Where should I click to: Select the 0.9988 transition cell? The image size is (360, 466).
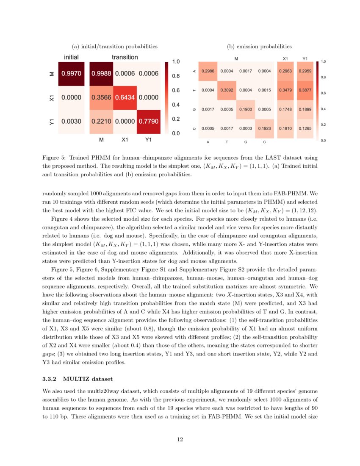point(101,74)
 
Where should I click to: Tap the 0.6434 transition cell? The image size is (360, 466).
point(125,97)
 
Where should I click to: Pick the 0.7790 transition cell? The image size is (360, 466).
point(148,122)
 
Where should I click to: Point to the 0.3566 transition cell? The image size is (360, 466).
point(101,97)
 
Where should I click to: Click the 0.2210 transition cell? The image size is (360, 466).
point(101,122)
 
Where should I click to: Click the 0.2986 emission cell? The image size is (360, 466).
point(208,71)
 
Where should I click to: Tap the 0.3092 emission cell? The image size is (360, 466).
point(227,90)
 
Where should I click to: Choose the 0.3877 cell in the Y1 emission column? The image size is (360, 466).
point(305,90)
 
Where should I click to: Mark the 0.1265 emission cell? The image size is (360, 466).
point(305,128)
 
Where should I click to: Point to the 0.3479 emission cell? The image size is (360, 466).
point(286,90)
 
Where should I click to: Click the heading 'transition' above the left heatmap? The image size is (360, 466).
point(125,57)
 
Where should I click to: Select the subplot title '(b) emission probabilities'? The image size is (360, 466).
point(259,46)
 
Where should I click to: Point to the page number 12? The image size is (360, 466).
point(180,439)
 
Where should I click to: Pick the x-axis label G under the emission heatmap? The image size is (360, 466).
point(245,142)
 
